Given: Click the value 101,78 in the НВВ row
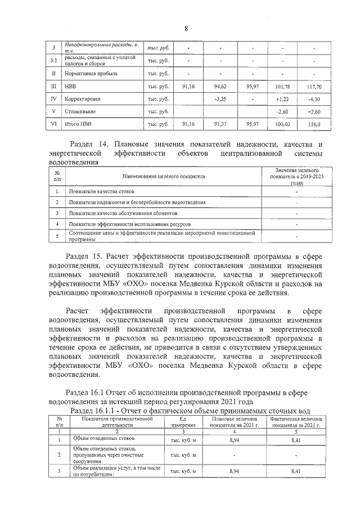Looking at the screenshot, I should (x=283, y=87).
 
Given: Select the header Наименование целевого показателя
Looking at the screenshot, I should (x=161, y=176).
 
